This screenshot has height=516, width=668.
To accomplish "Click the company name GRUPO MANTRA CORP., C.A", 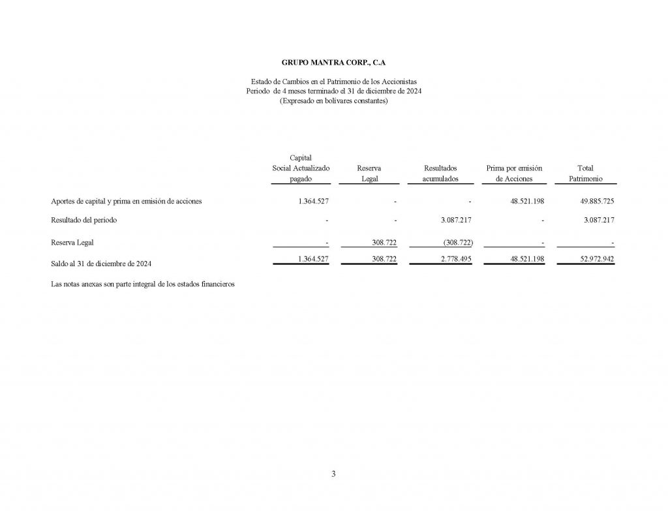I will [333, 63].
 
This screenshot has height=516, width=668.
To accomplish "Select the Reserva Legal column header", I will [369, 173].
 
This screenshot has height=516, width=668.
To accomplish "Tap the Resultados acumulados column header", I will [440, 173].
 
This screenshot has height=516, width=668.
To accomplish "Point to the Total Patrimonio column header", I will [585, 173].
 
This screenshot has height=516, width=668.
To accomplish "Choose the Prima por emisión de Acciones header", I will [514, 173].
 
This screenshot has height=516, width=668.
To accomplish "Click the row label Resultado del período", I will [84, 220].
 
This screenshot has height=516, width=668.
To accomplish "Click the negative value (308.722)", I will [457, 243].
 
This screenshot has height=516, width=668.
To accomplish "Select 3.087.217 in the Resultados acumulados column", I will [456, 220].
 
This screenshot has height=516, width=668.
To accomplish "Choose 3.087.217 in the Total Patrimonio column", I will [599, 220].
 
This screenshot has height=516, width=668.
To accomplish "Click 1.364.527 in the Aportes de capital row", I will [312, 202].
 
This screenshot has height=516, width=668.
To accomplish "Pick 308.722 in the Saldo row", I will [384, 259].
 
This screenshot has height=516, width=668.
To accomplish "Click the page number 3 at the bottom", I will [333, 474].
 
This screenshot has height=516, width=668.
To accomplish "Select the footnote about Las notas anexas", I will [142, 284].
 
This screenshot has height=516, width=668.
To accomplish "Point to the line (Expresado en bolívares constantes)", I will [333, 100].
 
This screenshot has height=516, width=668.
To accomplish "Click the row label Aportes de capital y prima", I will [127, 201].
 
